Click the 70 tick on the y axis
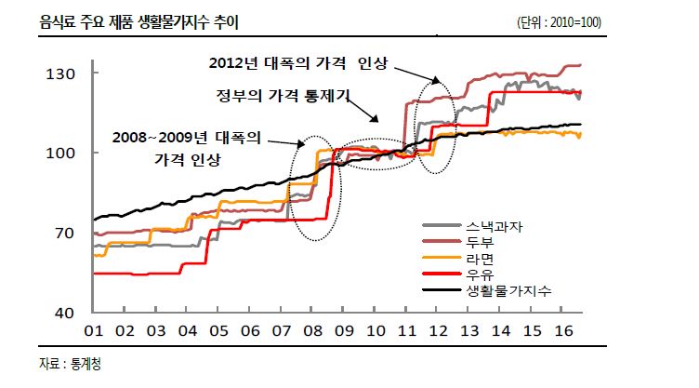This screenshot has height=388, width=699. click(65, 233)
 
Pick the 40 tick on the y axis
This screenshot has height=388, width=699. click(65, 313)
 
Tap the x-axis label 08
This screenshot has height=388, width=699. click(312, 331)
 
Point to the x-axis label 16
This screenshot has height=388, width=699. click(561, 331)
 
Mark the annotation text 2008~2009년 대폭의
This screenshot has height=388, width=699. click(188, 137)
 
